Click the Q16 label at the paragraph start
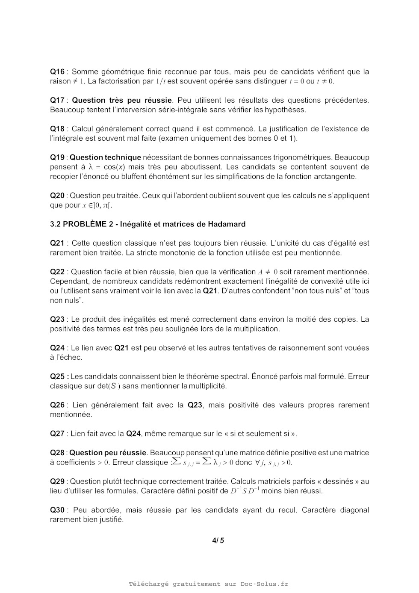pyautogui.click(x=57, y=72)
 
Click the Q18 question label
pyautogui.click(x=57, y=129)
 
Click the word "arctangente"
pyautogui.click(x=336, y=177)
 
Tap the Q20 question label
pyautogui.click(x=57, y=196)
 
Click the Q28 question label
pyautogui.click(x=57, y=453)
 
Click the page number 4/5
pyautogui.click(x=218, y=540)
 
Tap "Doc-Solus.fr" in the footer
pyautogui.click(x=264, y=584)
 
